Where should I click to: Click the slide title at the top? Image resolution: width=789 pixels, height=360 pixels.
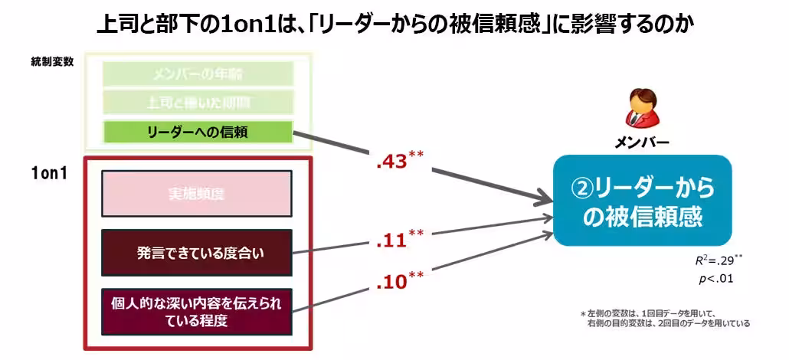tap(394, 25)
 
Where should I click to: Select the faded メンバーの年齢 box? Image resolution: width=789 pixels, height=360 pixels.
tap(198, 74)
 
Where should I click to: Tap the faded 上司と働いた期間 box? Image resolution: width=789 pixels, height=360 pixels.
tap(198, 102)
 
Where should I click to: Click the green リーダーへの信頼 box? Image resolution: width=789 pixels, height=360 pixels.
tap(198, 132)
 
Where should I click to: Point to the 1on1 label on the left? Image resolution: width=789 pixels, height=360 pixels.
tap(47, 173)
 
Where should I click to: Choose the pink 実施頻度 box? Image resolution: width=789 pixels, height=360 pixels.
tap(197, 193)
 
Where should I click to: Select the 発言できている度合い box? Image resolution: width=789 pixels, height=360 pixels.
tap(197, 252)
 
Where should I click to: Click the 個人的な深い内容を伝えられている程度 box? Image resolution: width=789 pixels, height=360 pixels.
tap(197, 312)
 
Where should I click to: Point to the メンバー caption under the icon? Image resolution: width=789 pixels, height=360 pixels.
tap(642, 142)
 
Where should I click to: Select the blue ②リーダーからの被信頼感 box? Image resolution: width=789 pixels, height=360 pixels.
tap(642, 201)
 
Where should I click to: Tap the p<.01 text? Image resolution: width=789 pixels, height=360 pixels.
tap(715, 279)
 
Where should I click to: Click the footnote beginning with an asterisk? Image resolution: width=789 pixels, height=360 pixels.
tap(664, 318)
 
